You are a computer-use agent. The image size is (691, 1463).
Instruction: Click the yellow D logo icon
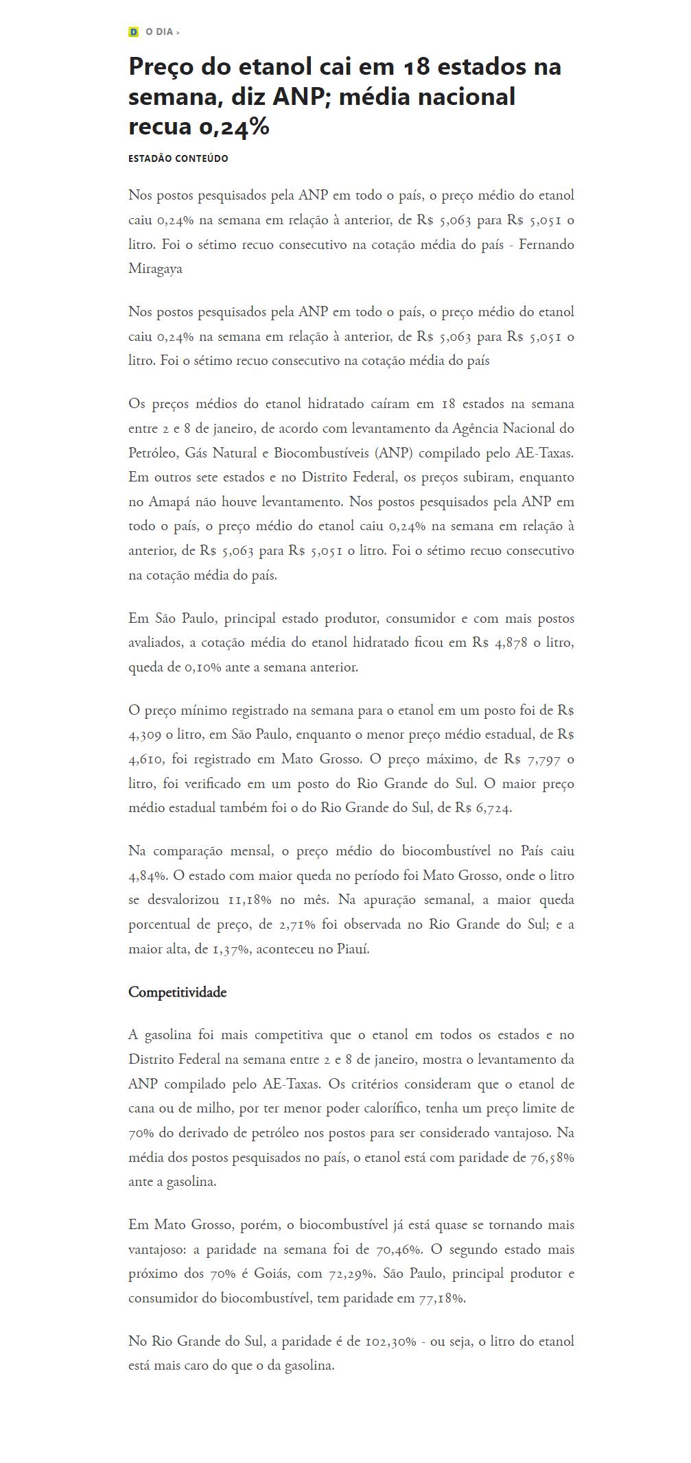133,32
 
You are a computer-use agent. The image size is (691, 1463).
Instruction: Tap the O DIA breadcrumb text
159,32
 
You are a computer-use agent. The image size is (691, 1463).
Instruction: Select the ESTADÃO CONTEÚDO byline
178,158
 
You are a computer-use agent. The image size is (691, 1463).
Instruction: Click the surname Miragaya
155,269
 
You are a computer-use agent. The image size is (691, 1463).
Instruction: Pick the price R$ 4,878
500,643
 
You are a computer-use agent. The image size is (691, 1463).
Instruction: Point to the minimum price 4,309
145,735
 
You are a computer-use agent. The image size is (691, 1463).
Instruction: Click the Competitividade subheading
177,992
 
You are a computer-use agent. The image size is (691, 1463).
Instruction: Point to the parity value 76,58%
552,1158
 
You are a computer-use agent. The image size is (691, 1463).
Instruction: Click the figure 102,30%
390,1341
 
